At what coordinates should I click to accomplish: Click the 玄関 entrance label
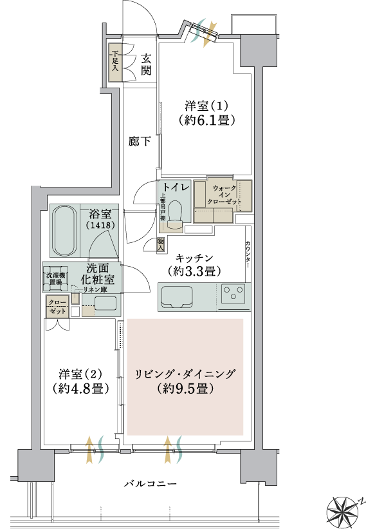coord(146,64)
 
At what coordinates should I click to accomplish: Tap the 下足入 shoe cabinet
coord(115,63)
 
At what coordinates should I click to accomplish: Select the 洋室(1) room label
coord(206,113)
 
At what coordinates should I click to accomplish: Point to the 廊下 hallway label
coord(140,141)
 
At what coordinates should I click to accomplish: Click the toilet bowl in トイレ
coord(175,213)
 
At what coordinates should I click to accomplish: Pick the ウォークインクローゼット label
coord(224,195)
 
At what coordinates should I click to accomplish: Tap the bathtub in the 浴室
coord(66,231)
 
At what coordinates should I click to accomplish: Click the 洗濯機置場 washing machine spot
coord(56,279)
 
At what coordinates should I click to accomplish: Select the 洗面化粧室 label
coord(97,274)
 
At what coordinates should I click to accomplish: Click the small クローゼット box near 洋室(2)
coord(58,306)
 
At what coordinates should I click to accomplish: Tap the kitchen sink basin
coord(177,297)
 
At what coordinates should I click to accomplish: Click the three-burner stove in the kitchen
coord(233,294)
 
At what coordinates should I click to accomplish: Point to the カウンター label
coord(248,254)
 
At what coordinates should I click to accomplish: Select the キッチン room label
coord(195,265)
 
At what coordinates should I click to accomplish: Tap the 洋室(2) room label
coord(80,381)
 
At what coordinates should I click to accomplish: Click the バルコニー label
coord(150,484)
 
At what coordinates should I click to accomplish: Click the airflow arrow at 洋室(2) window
coord(89,449)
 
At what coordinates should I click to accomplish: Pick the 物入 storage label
coord(160,244)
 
